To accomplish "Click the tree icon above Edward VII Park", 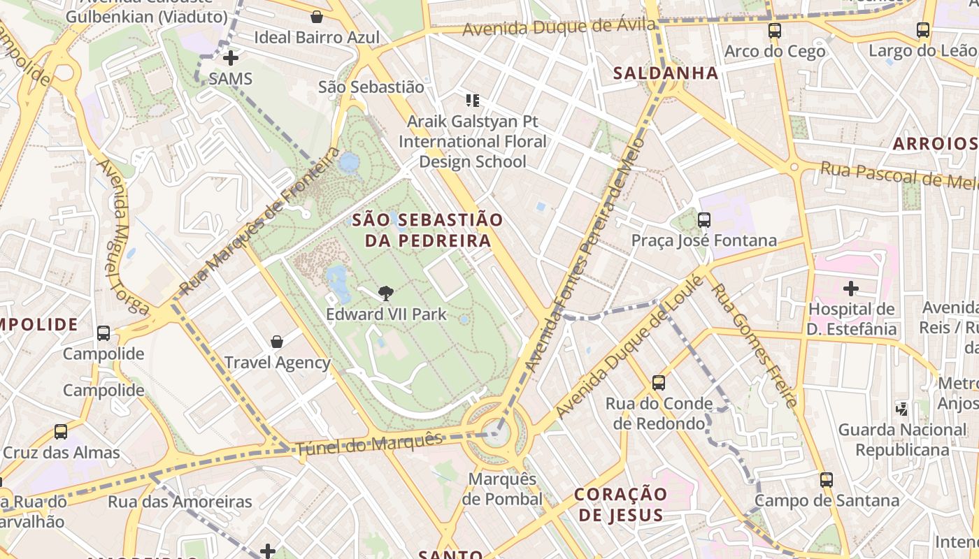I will (x=385, y=293).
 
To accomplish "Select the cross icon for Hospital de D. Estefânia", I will (x=850, y=288).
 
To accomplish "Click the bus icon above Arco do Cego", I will (x=774, y=31).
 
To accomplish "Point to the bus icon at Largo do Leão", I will (x=923, y=30).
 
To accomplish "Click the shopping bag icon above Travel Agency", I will (x=277, y=342).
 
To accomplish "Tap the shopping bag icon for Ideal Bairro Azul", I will (x=317, y=17).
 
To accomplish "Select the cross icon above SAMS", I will (x=230, y=58).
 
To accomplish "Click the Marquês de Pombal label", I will (x=502, y=489).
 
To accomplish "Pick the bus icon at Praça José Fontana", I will (x=704, y=220).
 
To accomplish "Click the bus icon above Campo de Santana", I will (x=827, y=480).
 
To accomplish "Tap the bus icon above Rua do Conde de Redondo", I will (x=659, y=383).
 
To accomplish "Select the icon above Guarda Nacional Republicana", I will (x=902, y=409).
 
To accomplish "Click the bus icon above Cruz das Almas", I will (x=61, y=432).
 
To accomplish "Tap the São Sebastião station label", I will (x=371, y=87).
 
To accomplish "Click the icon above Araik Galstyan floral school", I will (x=473, y=101).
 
